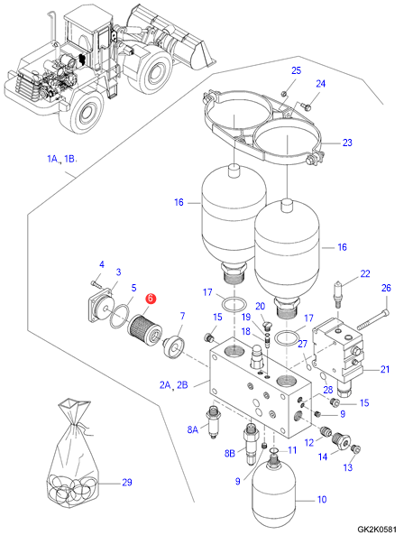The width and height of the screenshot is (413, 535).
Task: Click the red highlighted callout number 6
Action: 151,299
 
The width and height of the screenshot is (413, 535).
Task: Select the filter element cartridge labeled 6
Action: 145,329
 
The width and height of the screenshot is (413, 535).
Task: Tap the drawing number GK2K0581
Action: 377,530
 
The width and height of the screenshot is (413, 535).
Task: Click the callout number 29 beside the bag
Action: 127,483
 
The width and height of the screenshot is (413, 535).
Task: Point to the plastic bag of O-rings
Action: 72,455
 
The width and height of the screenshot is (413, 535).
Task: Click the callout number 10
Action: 322,500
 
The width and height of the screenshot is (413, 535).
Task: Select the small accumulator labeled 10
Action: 273,494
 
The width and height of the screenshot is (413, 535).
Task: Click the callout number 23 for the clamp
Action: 347,143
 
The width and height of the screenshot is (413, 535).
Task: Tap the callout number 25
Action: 297,70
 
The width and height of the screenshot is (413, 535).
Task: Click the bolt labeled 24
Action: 307,106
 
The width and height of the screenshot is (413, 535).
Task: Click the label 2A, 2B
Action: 174,385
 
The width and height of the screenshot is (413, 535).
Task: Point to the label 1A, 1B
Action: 61,159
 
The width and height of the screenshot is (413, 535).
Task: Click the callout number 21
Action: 385,369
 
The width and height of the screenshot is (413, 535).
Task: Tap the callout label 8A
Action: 192,429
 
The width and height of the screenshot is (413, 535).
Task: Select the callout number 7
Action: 182,316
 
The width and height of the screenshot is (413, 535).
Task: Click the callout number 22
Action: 365,273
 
